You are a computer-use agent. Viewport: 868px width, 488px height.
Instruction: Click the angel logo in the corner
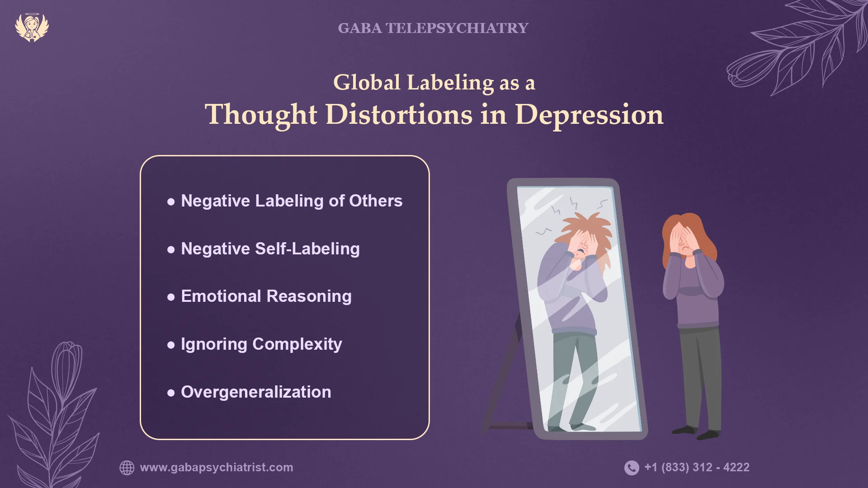click(32, 27)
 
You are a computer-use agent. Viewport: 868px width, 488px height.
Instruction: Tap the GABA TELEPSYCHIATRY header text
click(433, 28)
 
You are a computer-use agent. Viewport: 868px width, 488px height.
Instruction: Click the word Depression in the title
click(589, 115)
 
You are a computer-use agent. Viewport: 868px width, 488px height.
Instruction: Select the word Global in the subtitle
click(367, 83)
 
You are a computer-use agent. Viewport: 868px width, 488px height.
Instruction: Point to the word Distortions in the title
click(399, 115)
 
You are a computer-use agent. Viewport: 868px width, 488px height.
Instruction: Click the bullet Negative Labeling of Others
click(291, 201)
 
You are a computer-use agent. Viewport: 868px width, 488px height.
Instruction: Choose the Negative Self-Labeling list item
click(270, 249)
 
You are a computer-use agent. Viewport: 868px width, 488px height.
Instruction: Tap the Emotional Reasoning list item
click(266, 296)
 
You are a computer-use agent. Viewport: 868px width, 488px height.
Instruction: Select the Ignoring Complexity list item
click(261, 344)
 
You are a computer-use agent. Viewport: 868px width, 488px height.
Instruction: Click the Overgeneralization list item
click(256, 392)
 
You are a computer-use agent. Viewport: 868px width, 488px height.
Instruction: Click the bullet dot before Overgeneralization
click(171, 393)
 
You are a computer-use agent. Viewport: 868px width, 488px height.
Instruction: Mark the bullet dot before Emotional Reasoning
click(171, 297)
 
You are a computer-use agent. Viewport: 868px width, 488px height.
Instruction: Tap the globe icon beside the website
click(127, 468)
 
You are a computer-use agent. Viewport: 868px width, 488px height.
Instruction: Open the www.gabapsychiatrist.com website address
click(217, 468)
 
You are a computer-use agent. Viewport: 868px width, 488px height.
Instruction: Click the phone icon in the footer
click(632, 468)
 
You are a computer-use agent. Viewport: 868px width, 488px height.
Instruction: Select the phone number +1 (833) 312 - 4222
click(697, 468)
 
